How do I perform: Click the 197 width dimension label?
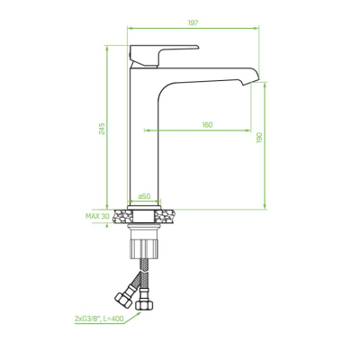pos(193,22)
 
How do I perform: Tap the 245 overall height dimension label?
pos(103,129)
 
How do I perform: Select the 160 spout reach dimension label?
pos(207,124)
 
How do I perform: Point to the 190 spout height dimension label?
pos(259,138)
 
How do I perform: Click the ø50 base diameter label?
pos(144,196)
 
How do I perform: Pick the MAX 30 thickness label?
pos(97,216)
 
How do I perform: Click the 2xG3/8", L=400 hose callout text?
pos(99,319)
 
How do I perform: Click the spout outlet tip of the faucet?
pos(250,82)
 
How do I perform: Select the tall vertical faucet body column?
pos(143,138)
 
